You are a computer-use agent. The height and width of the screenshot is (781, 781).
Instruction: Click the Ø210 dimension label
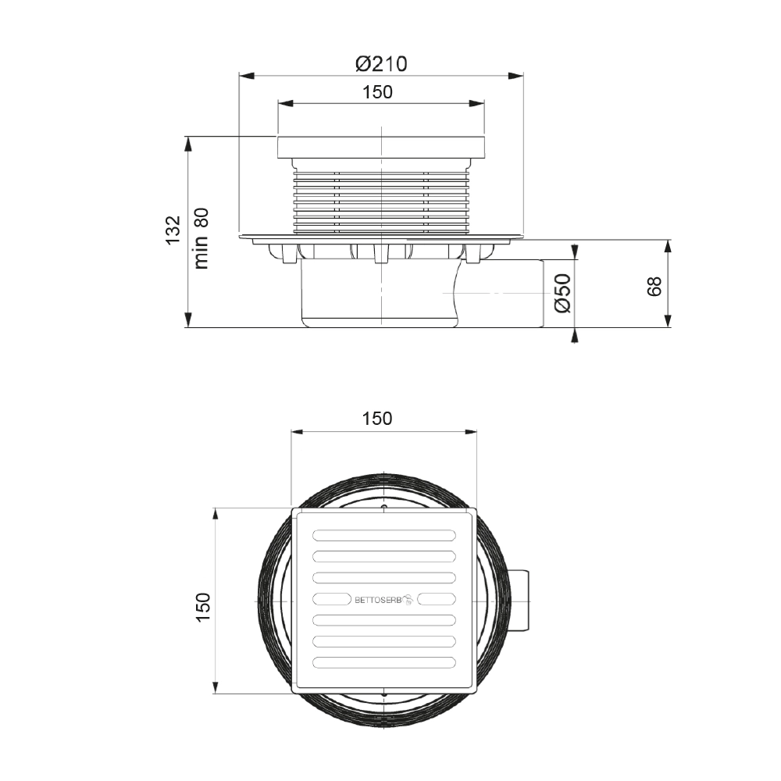381,64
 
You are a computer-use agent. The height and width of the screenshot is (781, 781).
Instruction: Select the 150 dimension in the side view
377,92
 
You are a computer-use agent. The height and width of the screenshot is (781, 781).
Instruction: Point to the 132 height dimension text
173,230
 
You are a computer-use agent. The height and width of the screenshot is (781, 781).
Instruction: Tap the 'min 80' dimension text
201,238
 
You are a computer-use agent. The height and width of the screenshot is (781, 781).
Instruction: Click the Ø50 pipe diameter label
562,294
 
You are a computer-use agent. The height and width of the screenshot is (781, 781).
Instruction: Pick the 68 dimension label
654,287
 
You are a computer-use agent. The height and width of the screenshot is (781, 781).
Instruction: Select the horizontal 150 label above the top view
377,419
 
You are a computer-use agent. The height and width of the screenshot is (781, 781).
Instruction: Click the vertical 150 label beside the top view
203,606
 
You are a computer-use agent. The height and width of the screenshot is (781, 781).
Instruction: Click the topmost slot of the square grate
384,536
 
